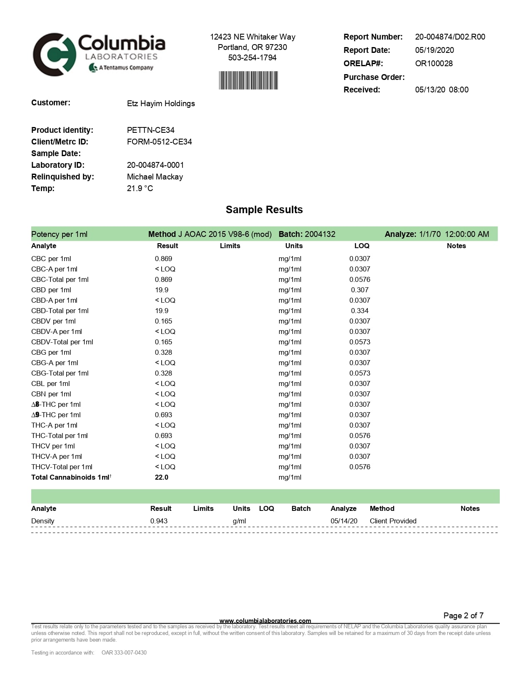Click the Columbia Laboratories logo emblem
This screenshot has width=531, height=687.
point(54,55)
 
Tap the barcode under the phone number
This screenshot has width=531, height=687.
point(248,80)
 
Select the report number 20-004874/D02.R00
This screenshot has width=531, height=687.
point(450,37)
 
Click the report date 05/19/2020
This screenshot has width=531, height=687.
point(434,50)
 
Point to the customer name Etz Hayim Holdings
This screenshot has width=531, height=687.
point(161,103)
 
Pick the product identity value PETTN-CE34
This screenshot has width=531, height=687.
point(150,130)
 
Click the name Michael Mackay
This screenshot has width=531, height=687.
point(155,177)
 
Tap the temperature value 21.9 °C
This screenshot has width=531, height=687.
point(140,188)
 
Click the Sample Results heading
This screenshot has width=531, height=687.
point(264,209)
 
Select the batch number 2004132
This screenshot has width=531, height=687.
point(320,234)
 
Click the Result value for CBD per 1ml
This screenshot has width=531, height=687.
point(162,290)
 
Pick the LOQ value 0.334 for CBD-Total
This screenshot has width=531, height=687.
point(359,311)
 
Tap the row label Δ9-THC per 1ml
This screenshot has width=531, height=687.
point(56,415)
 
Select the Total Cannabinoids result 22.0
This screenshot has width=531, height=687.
point(162,477)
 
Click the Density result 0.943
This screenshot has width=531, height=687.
point(159,521)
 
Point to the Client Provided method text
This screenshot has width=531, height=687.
point(393,521)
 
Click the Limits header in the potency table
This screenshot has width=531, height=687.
point(230,246)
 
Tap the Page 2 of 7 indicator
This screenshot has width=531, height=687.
point(463,615)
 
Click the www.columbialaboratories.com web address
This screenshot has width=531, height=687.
point(265,621)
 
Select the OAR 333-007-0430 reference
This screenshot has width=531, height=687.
point(124,652)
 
